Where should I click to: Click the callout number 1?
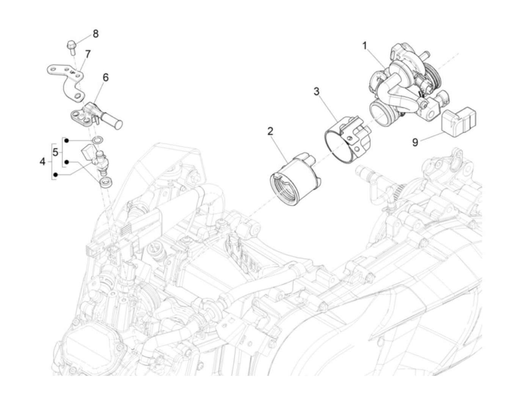364,46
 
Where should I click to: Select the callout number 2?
270,131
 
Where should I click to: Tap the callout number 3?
317,92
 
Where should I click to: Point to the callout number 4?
42,162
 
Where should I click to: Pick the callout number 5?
55,152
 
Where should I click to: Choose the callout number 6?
106,77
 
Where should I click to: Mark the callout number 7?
88,54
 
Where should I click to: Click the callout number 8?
96,34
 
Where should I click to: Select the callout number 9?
415,142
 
